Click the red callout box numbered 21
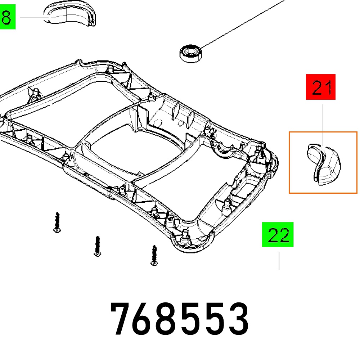click(x=320, y=87)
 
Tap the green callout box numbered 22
click(x=278, y=234)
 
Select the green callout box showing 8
click(x=8, y=17)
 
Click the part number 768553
click(x=180, y=319)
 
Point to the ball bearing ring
click(x=190, y=54)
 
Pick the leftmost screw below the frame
click(x=57, y=222)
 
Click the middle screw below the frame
click(x=98, y=246)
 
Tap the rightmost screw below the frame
click(x=154, y=256)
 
